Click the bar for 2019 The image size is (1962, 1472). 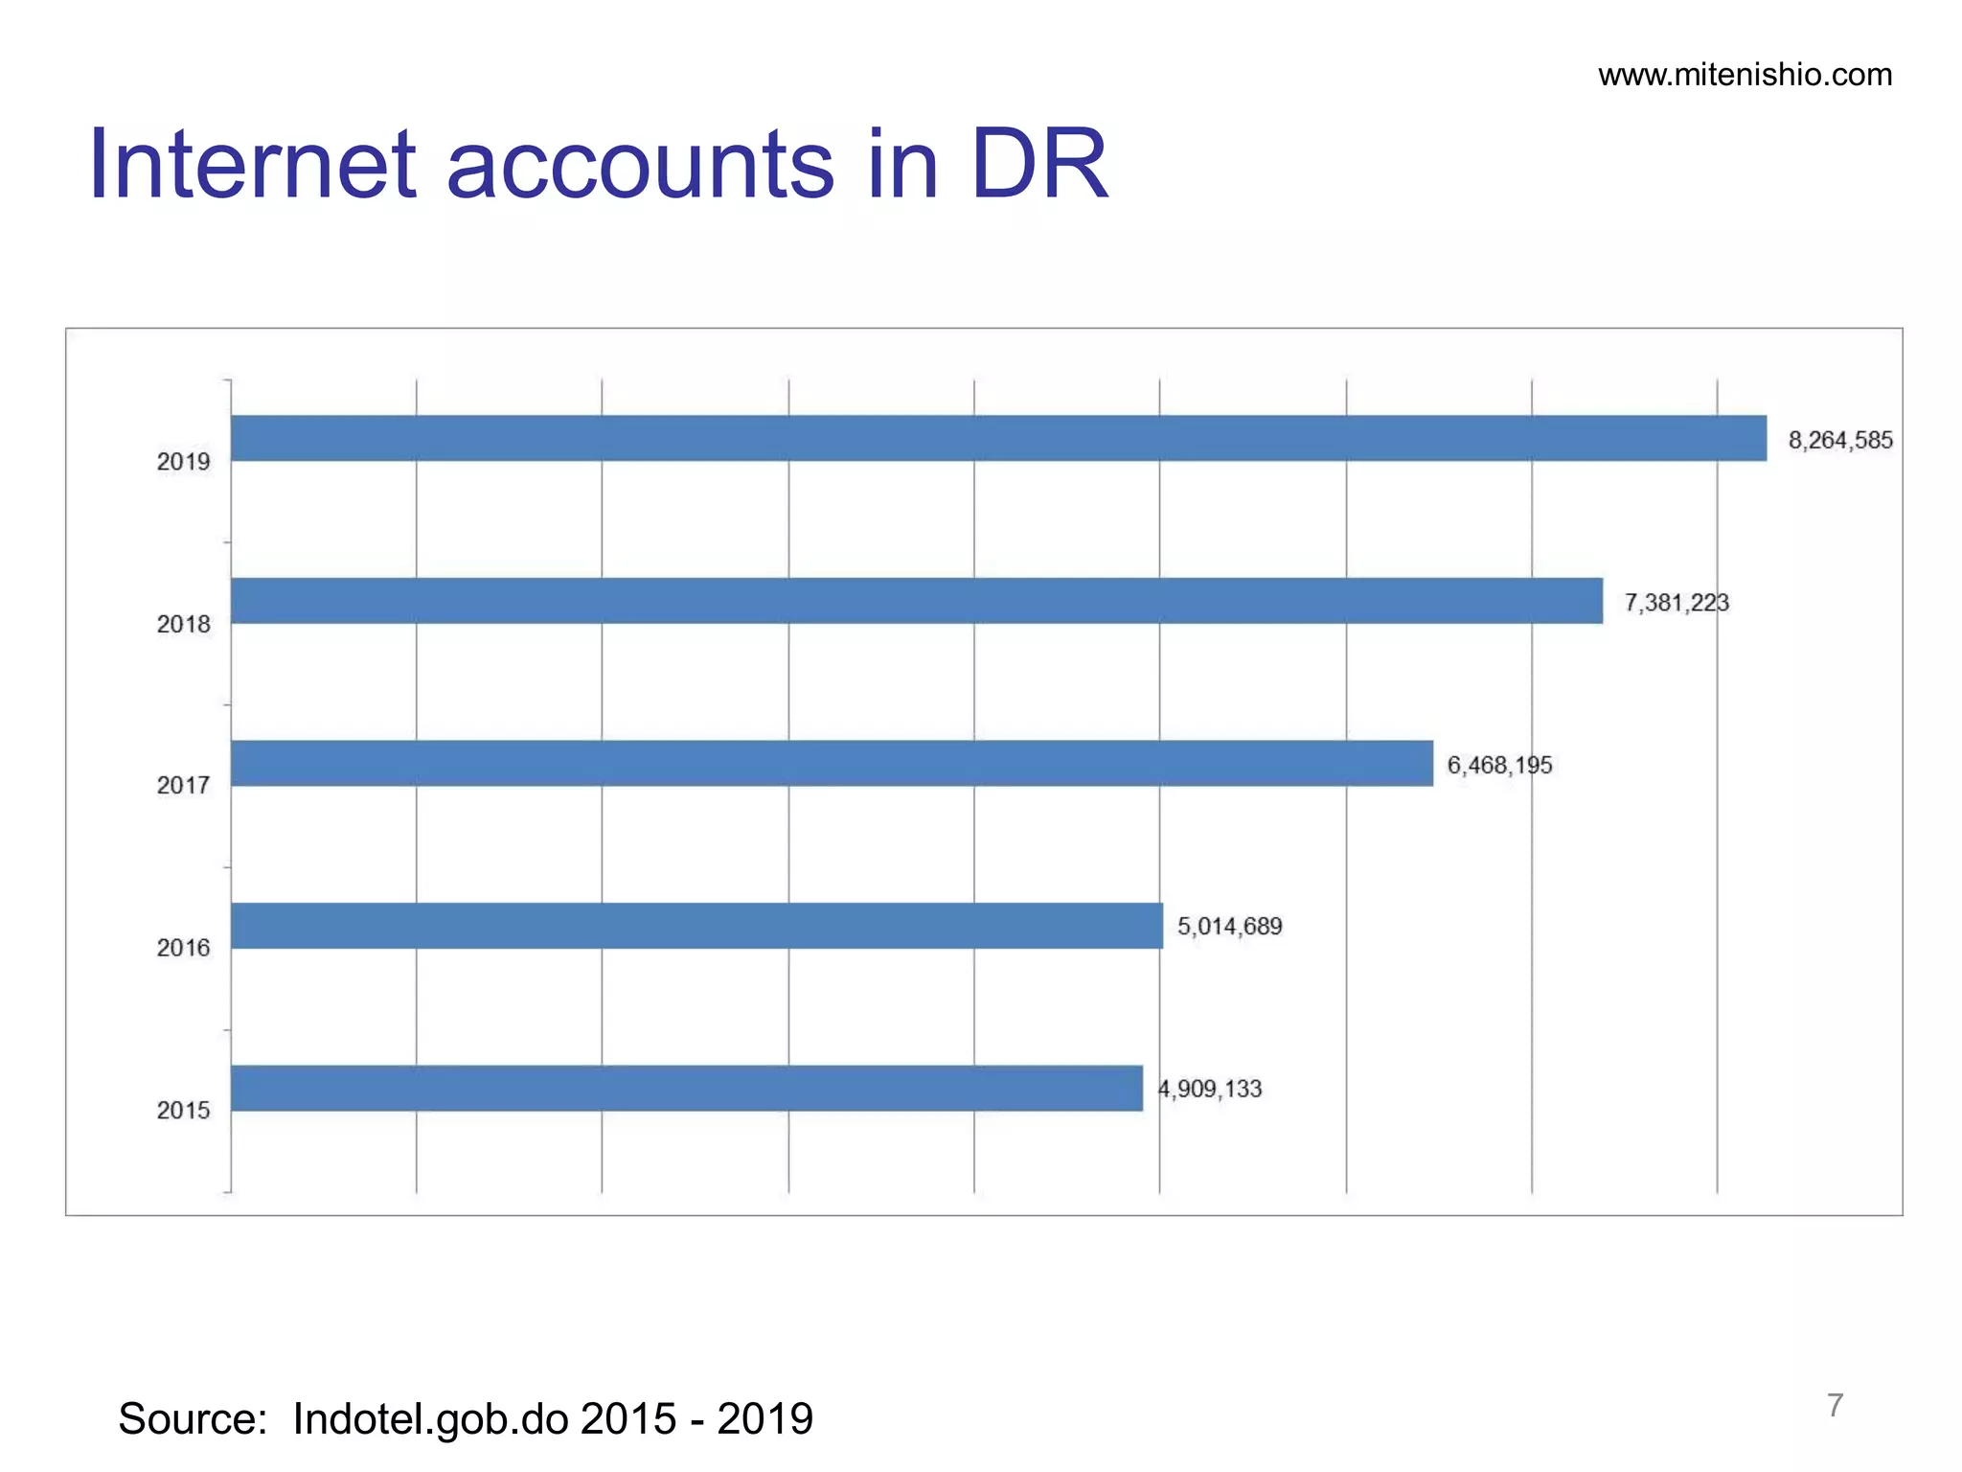[x=998, y=438]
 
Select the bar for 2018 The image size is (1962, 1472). [x=916, y=601]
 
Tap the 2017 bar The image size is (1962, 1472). [x=832, y=764]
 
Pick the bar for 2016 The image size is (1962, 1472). [x=696, y=926]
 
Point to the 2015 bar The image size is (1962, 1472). [x=686, y=1089]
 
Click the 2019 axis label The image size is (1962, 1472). [x=183, y=462]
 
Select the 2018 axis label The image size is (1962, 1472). [x=183, y=625]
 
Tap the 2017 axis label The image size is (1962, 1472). [x=183, y=786]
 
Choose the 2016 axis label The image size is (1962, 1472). [x=183, y=948]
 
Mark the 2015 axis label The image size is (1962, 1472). [x=183, y=1111]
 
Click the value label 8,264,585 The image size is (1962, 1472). [x=1840, y=441]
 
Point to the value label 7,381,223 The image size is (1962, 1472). [x=1677, y=603]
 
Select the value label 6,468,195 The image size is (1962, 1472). [x=1499, y=765]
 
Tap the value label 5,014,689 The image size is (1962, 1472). [x=1229, y=927]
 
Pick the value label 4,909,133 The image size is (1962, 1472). [x=1210, y=1089]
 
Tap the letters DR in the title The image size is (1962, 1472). [x=1038, y=165]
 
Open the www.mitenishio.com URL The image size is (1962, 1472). [x=1745, y=75]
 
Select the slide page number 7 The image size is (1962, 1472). [x=1835, y=1405]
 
